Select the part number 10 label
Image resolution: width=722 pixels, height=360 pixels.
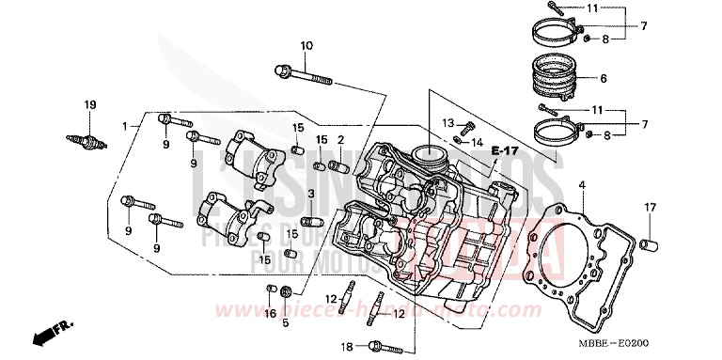tap(306, 47)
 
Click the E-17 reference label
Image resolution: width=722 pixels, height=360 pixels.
tap(505, 150)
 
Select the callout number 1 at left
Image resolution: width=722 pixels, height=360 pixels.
tap(124, 125)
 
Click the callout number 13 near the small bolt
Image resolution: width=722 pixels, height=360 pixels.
tap(448, 124)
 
